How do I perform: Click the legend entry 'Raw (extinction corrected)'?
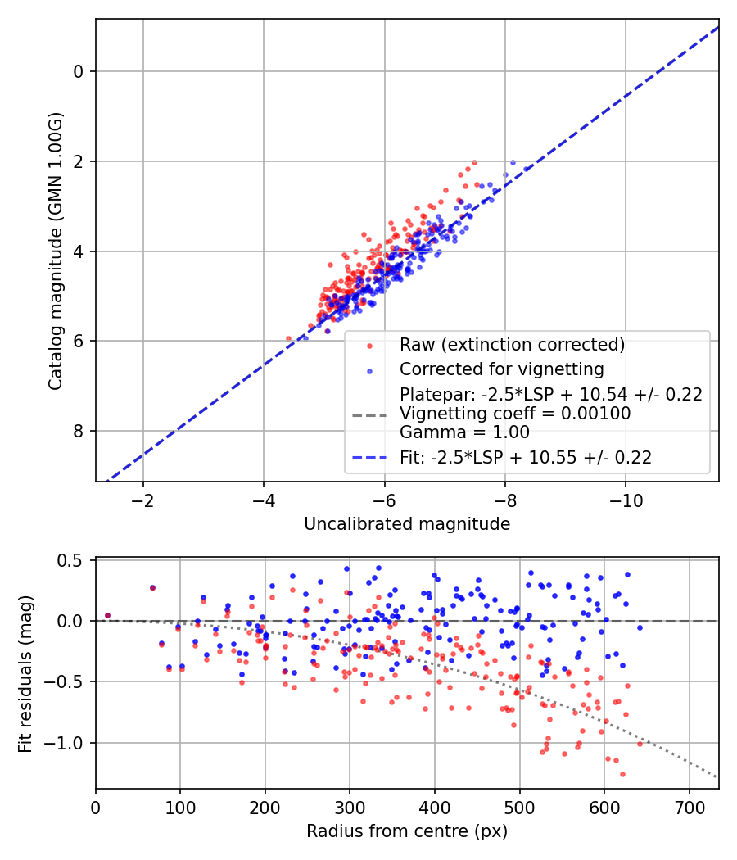click(512, 344)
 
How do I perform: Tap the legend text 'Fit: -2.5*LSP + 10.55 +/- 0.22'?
click(526, 458)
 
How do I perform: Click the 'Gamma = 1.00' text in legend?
click(464, 432)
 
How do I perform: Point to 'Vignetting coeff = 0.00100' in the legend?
click(515, 414)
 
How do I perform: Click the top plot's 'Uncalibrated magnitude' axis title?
click(407, 524)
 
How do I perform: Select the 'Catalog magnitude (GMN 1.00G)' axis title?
click(55, 250)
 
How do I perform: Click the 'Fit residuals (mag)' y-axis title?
click(25, 673)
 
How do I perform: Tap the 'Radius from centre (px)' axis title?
click(407, 831)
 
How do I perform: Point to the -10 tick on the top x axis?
click(626, 500)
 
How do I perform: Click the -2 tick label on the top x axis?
click(143, 500)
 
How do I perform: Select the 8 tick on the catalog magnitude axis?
click(79, 431)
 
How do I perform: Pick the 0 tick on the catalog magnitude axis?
click(79, 71)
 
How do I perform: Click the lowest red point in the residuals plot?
click(622, 774)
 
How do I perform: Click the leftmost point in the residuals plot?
click(107, 615)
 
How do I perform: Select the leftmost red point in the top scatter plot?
click(288, 338)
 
